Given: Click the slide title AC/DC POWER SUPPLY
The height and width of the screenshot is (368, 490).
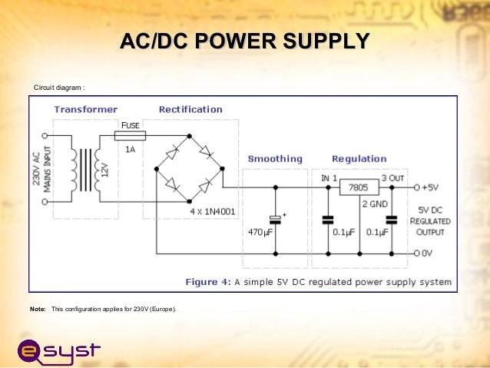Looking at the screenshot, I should tap(245, 41).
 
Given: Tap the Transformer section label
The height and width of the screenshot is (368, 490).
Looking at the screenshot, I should tap(85, 109).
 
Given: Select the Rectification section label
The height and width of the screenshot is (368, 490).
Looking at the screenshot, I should tap(190, 109).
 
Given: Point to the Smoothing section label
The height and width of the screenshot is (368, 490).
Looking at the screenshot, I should tap(275, 159).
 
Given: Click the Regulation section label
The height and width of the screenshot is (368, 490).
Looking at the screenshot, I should tap(359, 159).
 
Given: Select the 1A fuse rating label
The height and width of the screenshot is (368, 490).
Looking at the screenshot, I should tap(131, 150).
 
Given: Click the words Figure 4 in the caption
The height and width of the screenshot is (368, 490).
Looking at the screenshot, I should tap(208, 282).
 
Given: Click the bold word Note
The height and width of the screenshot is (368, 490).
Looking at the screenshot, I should tap(38, 309).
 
